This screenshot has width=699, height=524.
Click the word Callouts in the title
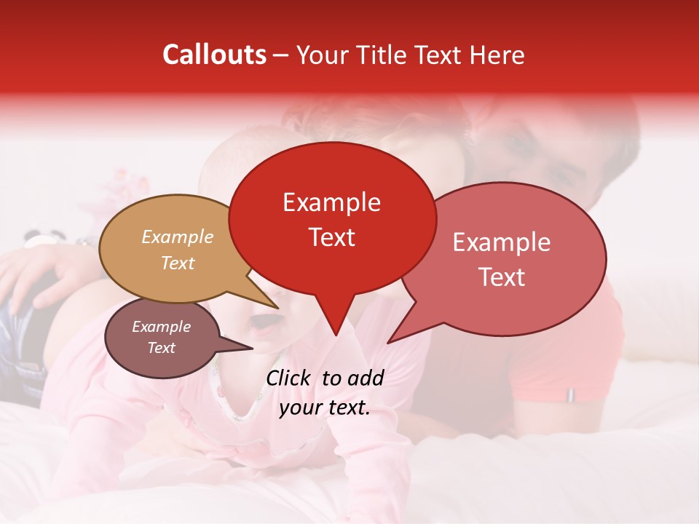214,55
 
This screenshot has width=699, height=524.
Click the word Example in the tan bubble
178,237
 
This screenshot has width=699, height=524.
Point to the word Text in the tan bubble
178,263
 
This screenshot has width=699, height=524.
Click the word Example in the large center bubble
331,202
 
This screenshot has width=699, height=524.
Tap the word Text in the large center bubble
331,237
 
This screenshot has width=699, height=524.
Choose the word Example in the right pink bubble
502,242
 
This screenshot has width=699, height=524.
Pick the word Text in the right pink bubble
502,277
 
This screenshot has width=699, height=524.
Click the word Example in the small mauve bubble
161,327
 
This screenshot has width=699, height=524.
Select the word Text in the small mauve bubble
161,348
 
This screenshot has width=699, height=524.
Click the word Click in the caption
291,378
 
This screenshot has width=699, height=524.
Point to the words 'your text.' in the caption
324,408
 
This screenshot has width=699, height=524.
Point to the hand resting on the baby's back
44,277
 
